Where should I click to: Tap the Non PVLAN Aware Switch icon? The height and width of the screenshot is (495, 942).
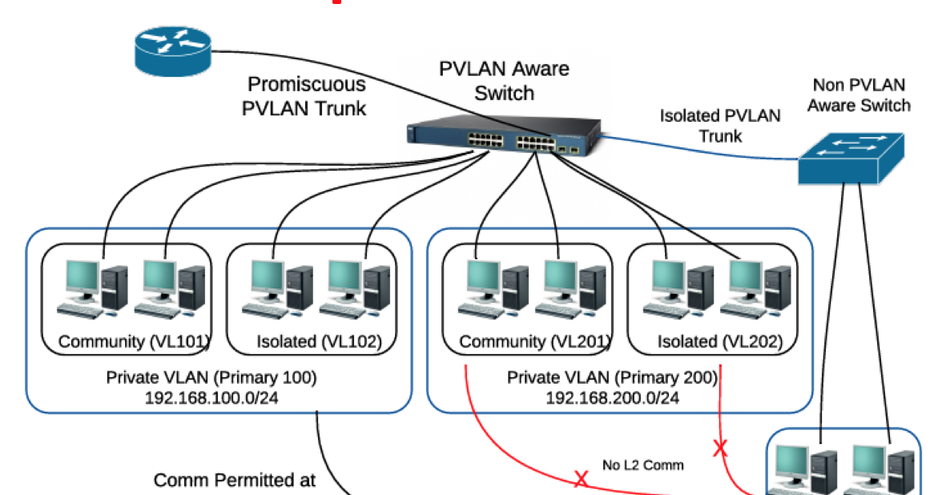(850, 158)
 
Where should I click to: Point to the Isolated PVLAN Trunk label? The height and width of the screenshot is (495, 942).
(719, 126)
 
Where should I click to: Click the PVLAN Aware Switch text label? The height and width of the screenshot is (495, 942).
(504, 81)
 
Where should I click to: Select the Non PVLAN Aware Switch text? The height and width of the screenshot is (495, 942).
(859, 95)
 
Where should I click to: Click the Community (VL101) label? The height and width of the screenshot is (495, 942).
(134, 342)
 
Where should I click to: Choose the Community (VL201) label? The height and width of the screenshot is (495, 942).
(534, 342)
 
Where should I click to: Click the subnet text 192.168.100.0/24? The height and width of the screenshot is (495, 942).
(211, 397)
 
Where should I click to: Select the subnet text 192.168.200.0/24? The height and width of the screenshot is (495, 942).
(613, 397)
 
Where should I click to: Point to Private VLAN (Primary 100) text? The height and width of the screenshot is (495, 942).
(211, 377)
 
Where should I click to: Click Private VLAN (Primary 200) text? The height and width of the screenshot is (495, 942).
(613, 377)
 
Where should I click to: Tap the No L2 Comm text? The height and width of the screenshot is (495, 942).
(642, 465)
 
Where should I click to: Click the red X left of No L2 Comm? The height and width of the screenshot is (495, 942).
(581, 480)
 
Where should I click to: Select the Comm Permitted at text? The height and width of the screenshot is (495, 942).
(235, 481)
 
